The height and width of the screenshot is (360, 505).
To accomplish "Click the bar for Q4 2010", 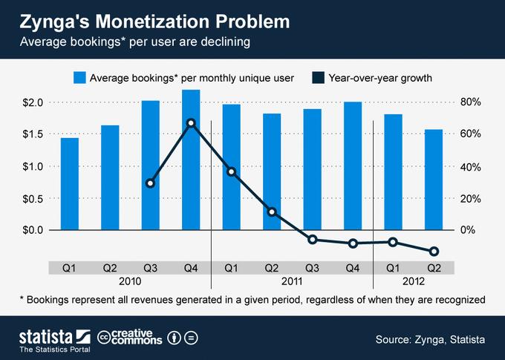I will coord(191,160).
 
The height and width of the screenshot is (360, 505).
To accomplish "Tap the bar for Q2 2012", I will coord(434,180).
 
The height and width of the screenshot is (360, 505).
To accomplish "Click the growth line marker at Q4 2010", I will coord(191,122).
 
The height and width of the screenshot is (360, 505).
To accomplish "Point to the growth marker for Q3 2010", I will coord(151,183).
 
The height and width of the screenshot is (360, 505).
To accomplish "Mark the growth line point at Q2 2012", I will coord(434,252).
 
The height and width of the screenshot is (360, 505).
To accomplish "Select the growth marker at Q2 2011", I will coord(272,212).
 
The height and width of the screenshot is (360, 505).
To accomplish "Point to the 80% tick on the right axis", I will coord(472,102).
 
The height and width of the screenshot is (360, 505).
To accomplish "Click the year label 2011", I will coord(292,281).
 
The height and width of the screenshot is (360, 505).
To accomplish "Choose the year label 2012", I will coord(413,281).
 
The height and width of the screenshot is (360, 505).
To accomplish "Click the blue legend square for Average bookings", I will coord(79,77).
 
